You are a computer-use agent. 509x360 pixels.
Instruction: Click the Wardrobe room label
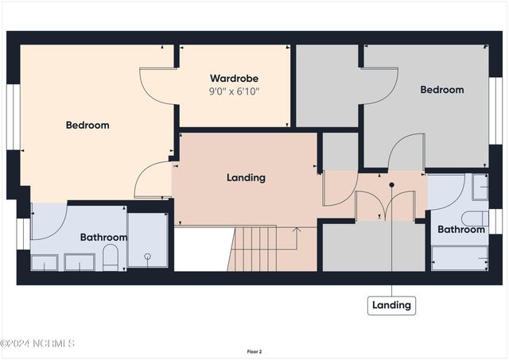(234, 79)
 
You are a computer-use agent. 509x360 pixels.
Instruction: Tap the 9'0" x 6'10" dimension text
(234, 91)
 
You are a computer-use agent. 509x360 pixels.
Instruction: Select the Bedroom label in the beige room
(87, 126)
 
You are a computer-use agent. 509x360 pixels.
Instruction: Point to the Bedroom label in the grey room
(442, 90)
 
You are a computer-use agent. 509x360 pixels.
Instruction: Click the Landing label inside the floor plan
(246, 178)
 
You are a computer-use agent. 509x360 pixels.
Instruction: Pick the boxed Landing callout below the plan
(391, 305)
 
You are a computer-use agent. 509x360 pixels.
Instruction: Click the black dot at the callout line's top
(392, 185)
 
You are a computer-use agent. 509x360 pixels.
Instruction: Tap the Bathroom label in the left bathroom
(103, 238)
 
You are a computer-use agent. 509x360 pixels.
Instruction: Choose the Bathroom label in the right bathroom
(461, 230)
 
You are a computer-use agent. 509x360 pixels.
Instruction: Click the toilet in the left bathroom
(111, 257)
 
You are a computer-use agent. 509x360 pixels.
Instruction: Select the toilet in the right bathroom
(475, 219)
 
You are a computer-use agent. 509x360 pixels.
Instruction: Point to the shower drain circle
(148, 257)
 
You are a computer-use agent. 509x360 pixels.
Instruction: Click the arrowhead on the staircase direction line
(297, 230)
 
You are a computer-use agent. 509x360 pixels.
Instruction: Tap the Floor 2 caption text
(254, 351)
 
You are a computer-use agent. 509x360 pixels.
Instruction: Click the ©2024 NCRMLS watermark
(37, 343)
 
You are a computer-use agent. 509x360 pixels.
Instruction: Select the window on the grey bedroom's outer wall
(495, 110)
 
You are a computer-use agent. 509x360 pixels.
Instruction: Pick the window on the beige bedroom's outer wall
(14, 117)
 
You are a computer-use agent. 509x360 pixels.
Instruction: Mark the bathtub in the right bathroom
(460, 258)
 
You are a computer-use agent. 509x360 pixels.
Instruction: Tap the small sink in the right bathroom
(480, 187)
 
